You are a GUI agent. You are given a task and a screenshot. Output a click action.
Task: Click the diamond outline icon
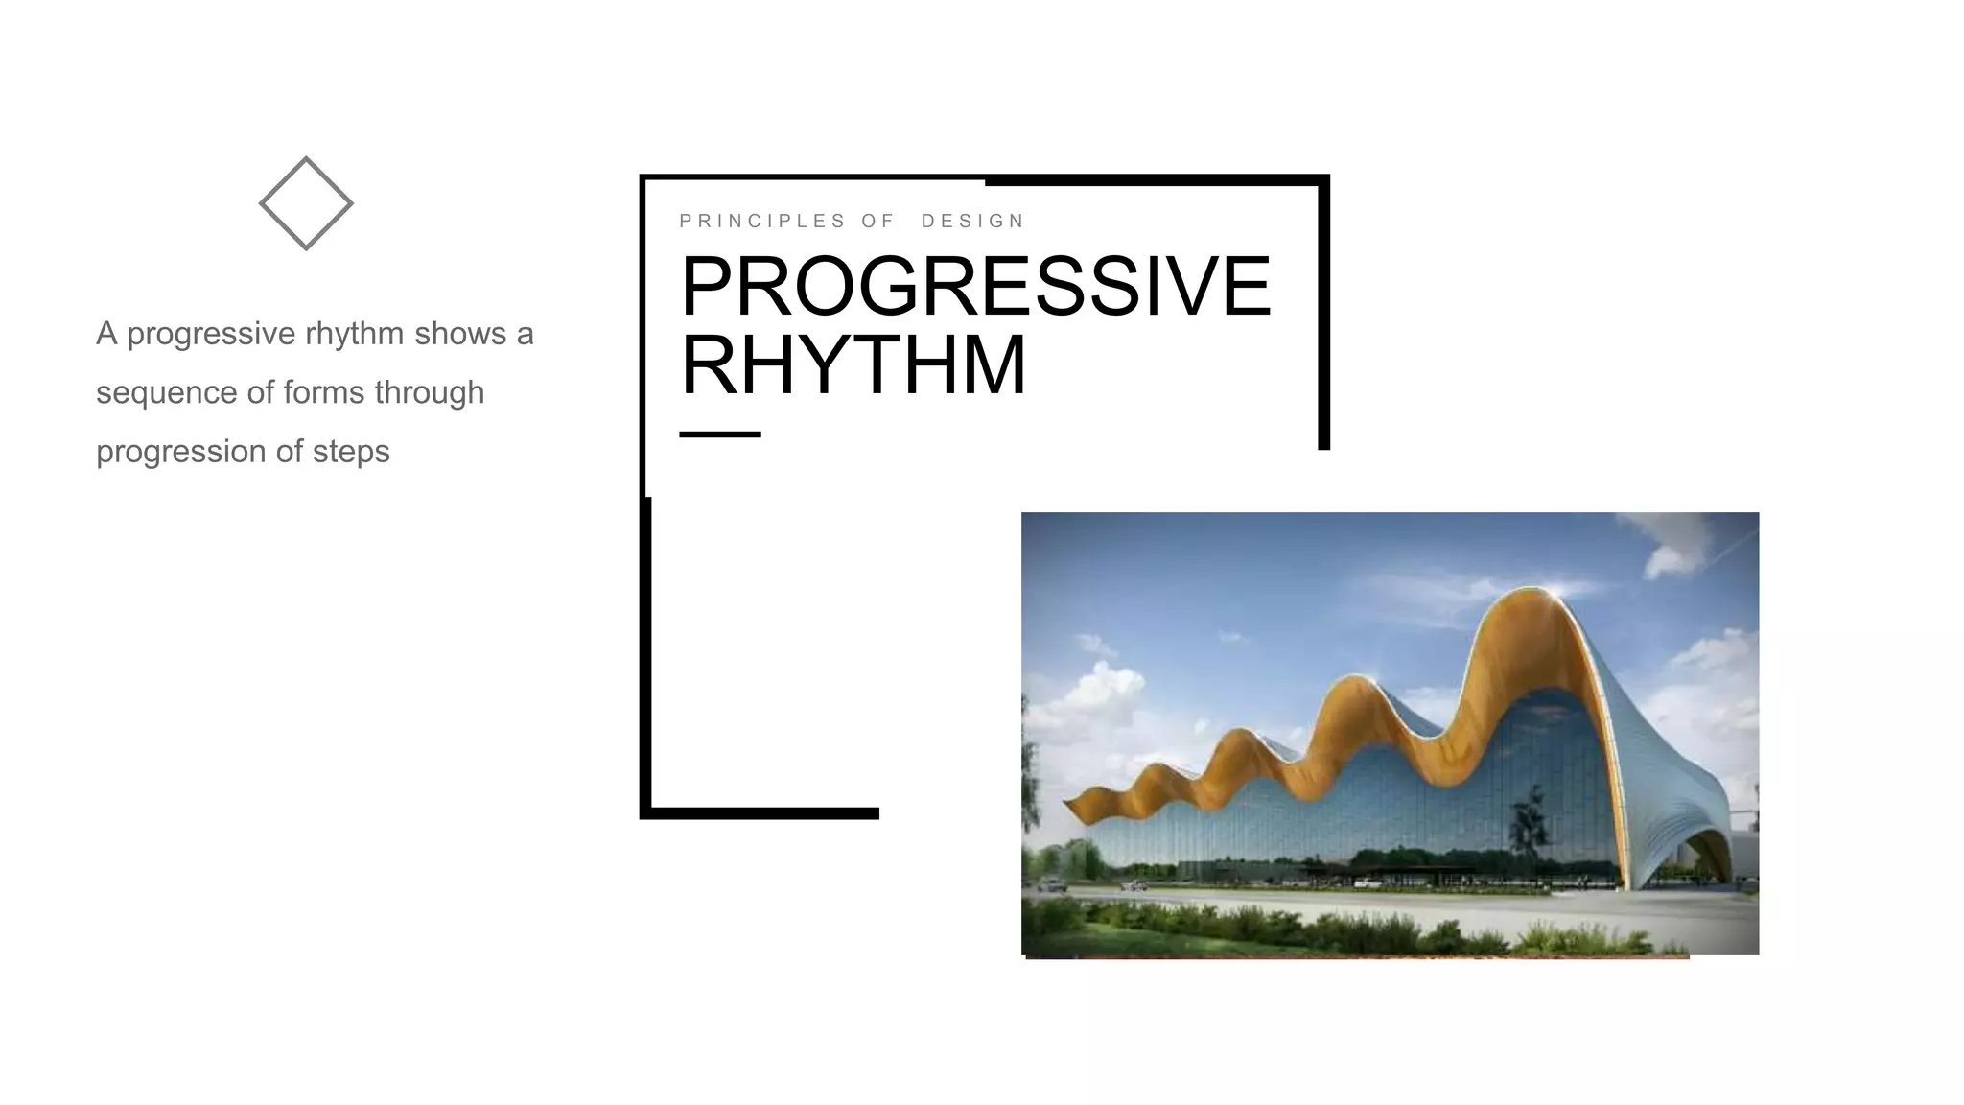306,203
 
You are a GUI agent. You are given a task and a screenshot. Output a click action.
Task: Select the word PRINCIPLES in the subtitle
762,222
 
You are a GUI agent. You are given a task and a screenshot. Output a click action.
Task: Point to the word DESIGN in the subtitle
972,222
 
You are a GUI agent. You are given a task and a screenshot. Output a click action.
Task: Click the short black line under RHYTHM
719,435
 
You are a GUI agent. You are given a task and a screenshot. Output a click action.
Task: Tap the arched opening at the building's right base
1703,858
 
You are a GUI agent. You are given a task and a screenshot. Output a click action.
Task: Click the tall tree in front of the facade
1525,825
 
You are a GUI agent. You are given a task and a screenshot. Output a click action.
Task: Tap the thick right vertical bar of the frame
1323,317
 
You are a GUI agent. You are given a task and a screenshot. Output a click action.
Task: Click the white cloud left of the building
1084,700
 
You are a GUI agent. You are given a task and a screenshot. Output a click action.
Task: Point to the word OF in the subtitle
877,222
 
